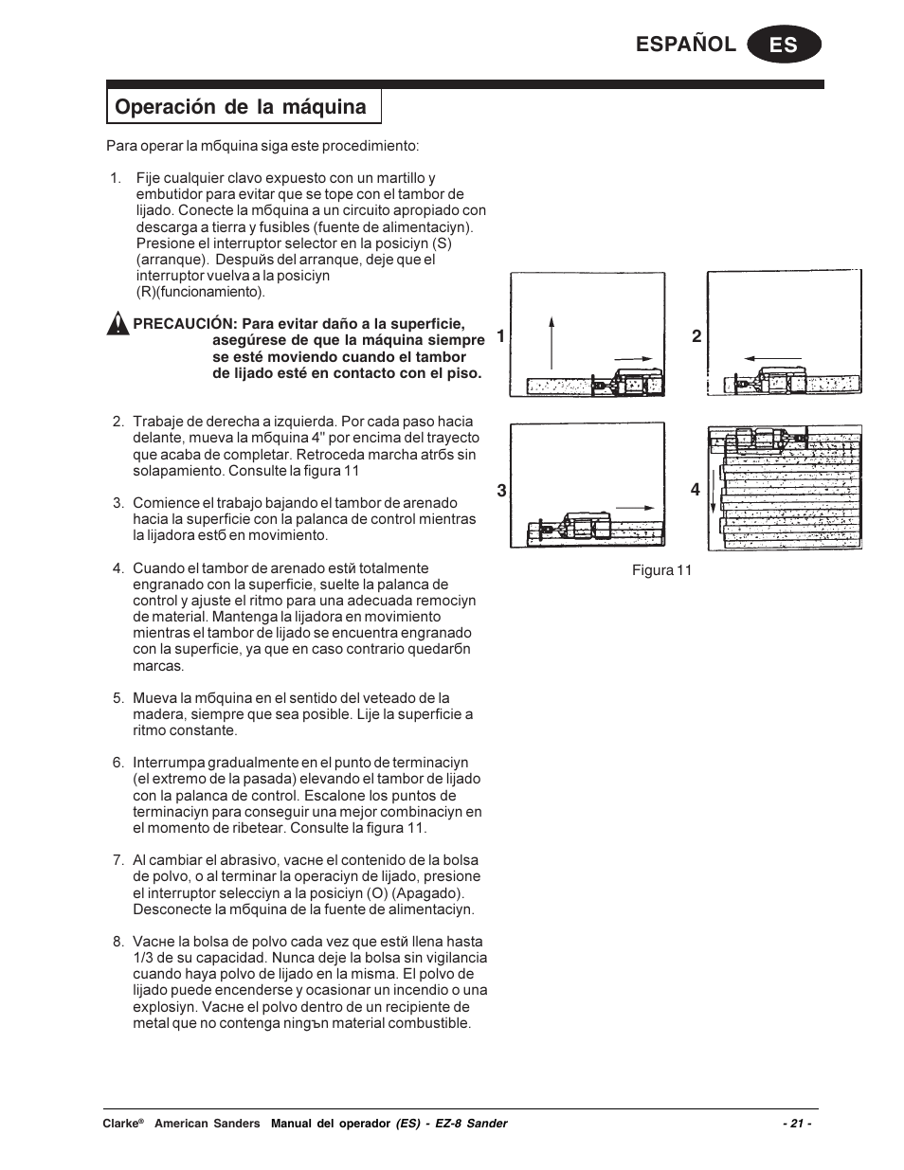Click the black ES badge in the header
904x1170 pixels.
(784, 45)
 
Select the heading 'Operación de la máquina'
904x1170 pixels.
(241, 107)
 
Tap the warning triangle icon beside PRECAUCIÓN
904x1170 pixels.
(117, 324)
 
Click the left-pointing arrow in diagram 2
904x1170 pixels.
(774, 357)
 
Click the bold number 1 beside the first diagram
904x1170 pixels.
(500, 336)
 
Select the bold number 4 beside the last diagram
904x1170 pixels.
(695, 490)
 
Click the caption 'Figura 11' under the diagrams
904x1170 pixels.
(661, 570)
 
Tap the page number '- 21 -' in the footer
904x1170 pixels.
(796, 1124)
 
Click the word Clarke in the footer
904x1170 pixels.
(119, 1124)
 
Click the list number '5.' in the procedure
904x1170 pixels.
(118, 698)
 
